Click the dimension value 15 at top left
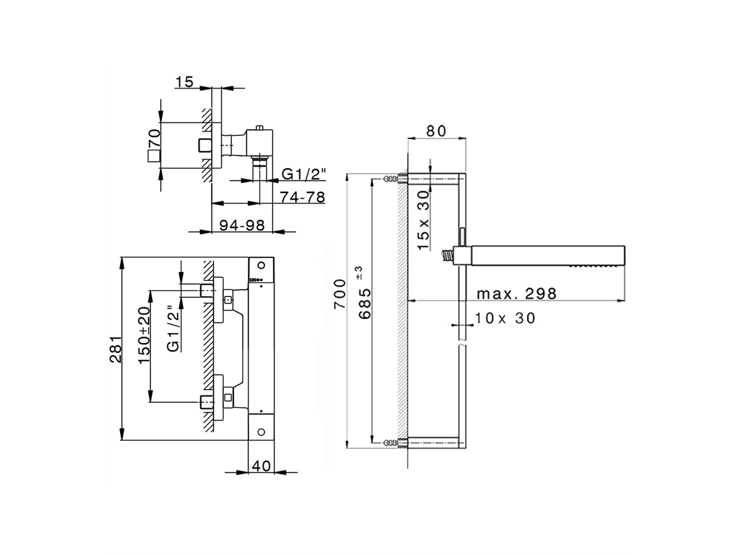pos(184,82)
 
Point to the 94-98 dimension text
pos(242,225)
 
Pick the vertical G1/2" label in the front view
pos(172,328)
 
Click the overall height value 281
pos(116,349)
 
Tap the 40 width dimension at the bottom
pos(261,465)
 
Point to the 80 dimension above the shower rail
pos(436,131)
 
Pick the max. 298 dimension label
pos(516,293)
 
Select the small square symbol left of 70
pos(153,156)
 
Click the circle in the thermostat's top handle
pos(261,265)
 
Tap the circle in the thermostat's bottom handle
pos(261,431)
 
